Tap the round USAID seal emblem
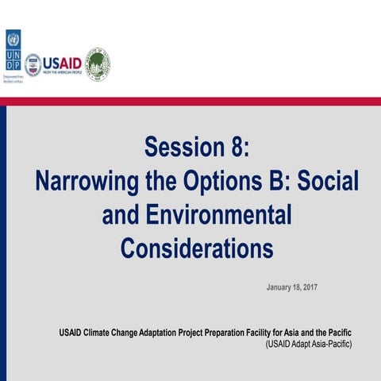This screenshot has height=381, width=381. pos(33,64)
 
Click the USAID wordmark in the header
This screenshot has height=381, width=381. pos(62,62)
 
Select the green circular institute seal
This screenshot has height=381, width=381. pos(98,63)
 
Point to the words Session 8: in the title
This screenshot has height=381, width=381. pos(197,147)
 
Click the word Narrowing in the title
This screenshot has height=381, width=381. pos(84,181)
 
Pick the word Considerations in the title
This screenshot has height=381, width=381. pos(197,248)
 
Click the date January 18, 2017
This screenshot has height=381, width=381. pos(291,287)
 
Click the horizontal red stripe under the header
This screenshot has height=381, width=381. pos(190,102)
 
